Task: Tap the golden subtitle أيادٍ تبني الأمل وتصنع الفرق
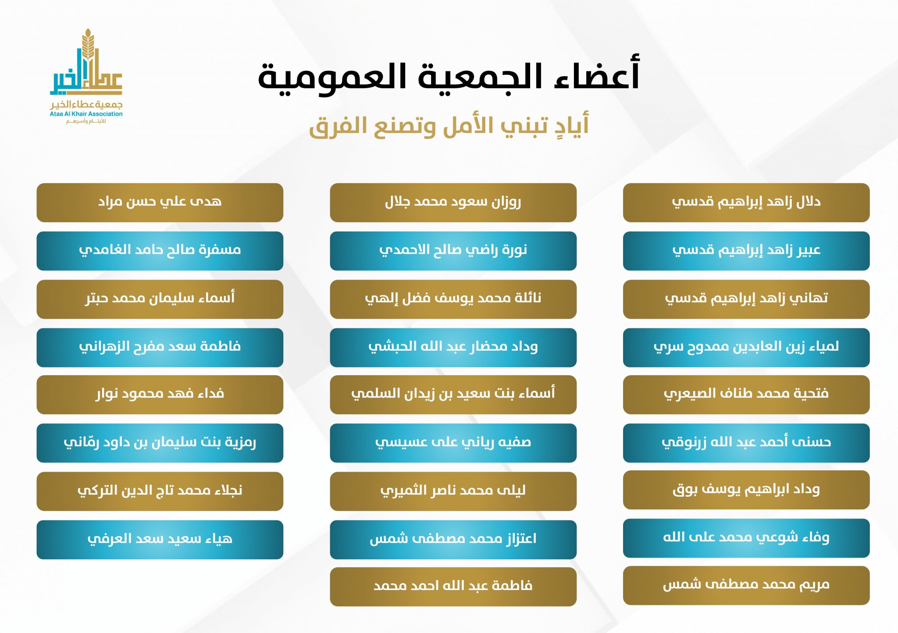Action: (449, 126)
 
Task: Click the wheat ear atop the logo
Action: (88, 44)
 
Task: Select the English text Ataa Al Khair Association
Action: (86, 114)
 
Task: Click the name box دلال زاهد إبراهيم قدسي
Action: (746, 203)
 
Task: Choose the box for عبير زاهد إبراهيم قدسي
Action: (746, 251)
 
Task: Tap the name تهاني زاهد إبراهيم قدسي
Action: (746, 298)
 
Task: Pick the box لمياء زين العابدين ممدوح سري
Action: (746, 348)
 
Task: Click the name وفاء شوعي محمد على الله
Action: (746, 537)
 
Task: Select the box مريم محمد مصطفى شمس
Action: (746, 585)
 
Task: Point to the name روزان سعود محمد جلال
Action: (453, 202)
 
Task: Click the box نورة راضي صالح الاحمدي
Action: (453, 251)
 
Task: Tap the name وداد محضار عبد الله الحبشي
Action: (453, 347)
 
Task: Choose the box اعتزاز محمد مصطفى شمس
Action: (453, 540)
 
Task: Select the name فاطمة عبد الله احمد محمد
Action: (453, 586)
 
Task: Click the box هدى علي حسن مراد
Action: (160, 203)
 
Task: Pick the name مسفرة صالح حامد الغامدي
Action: (160, 250)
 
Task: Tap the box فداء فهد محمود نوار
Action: (160, 395)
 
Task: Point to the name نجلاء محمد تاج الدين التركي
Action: (160, 490)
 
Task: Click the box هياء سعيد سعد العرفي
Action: (160, 540)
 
